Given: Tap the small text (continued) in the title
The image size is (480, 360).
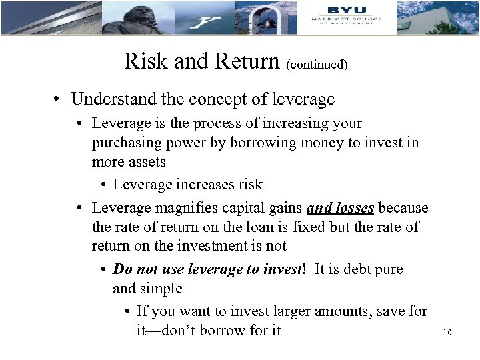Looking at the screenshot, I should click(317, 65).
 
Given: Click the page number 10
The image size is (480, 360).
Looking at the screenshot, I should click(447, 331).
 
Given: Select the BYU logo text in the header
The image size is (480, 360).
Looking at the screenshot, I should click(347, 10).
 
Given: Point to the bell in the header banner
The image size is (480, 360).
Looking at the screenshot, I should click(267, 23).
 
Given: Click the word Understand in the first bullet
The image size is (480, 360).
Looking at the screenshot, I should click(109, 99).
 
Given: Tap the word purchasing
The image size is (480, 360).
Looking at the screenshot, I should click(124, 142).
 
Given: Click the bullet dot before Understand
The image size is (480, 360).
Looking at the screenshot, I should click(60, 100).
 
